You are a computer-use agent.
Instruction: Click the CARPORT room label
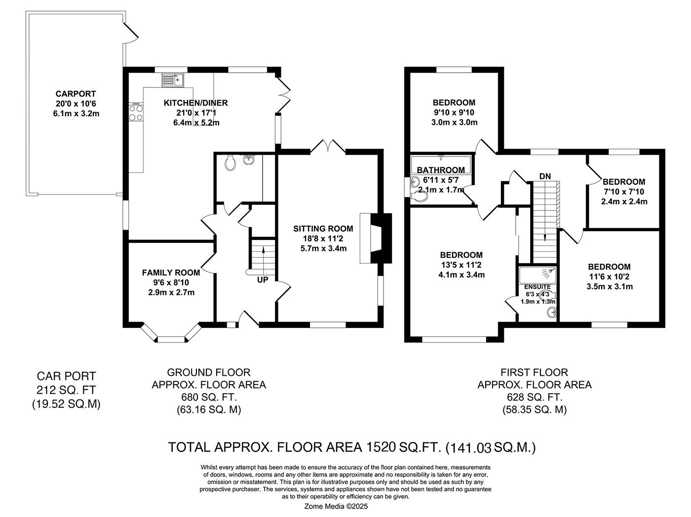(76, 94)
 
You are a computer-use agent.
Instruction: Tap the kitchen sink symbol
(172, 80)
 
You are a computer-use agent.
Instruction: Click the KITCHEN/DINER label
(195, 103)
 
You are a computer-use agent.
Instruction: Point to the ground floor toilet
(230, 162)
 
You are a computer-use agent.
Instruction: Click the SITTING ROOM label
(323, 229)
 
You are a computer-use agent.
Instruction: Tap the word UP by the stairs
(263, 280)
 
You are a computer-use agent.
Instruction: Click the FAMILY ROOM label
(171, 273)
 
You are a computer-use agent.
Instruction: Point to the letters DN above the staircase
(545, 176)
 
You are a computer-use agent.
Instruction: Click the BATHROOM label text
(441, 170)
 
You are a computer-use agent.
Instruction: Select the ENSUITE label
(537, 287)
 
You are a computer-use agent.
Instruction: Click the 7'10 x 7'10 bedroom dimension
(624, 192)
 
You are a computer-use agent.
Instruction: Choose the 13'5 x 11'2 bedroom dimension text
(461, 265)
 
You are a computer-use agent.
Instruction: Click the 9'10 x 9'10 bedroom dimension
(454, 113)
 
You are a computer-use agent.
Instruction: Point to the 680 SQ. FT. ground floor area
(208, 397)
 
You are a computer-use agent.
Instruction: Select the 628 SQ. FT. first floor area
(534, 397)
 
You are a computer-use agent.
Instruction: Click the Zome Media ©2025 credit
(336, 506)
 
